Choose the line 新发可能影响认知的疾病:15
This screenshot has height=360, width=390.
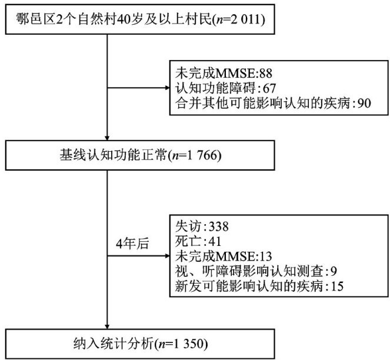pos(259,286)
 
